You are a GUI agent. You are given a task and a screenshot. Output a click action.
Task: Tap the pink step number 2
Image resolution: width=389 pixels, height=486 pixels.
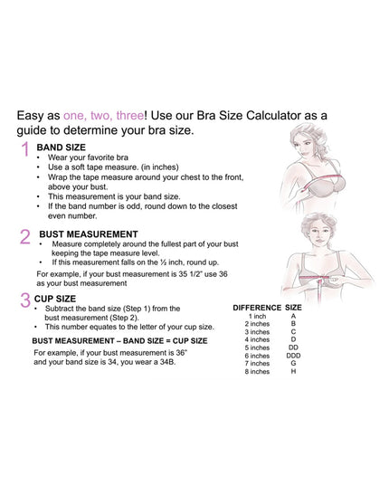[24, 237]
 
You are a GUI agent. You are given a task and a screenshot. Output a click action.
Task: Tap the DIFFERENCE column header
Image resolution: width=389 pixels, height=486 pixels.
[257, 308]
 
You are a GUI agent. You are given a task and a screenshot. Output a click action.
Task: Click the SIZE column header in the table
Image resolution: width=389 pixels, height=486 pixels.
[294, 308]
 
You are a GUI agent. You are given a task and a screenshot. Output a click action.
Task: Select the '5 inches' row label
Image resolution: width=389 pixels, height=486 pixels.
[257, 348]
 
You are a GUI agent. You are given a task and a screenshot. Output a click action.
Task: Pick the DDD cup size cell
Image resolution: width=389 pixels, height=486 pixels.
[293, 356]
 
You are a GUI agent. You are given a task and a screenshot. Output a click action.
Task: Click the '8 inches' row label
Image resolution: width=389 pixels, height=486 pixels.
[257, 371]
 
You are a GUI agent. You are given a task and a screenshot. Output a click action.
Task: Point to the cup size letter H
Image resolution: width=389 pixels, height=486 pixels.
[293, 371]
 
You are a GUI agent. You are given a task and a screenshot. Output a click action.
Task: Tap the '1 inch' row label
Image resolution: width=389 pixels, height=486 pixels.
[257, 316]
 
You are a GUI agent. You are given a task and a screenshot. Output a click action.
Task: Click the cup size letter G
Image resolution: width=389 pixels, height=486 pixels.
[293, 363]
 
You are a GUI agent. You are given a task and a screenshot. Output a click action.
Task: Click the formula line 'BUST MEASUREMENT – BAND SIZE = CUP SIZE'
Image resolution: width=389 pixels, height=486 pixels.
[120, 339]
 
